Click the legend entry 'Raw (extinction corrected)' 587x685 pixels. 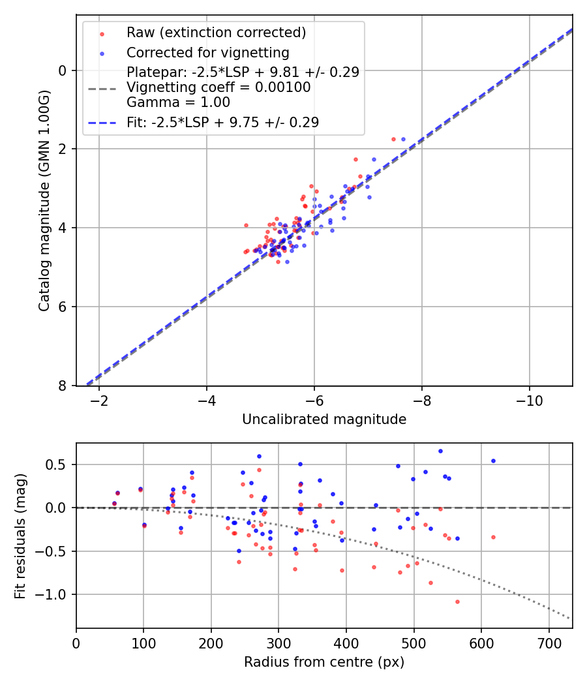tap(216, 33)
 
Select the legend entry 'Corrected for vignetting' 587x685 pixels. tap(207, 52)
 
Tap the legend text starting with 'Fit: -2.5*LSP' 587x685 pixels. tap(222, 122)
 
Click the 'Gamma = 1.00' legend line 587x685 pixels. tap(178, 102)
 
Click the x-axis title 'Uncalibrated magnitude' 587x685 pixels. tap(324, 419)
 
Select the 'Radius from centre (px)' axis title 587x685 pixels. tap(324, 662)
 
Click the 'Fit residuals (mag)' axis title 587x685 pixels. tap(20, 536)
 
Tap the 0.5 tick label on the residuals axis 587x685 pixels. tap(58, 465)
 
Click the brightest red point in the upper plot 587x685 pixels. tap(393, 139)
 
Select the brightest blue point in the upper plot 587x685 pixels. tap(403, 139)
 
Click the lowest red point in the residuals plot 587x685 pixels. tap(457, 601)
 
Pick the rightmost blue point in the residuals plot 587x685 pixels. tap(493, 461)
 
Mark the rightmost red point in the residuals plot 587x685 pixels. tap(493, 537)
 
